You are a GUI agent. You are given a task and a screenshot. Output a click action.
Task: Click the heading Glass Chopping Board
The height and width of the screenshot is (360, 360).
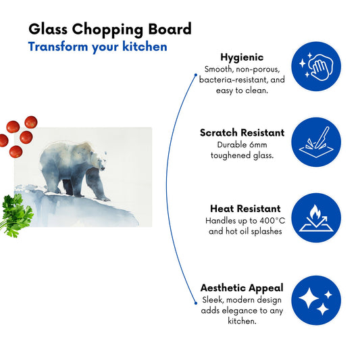[x=110, y=29]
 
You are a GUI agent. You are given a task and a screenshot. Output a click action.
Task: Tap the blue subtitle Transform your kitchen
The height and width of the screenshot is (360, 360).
[x=97, y=47]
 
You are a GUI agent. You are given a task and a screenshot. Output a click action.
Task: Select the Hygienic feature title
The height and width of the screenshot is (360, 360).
[x=242, y=57]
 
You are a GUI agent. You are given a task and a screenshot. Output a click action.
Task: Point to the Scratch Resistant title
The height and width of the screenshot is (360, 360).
[x=242, y=132]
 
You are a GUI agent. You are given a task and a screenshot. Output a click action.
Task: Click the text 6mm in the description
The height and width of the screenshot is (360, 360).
[x=258, y=145]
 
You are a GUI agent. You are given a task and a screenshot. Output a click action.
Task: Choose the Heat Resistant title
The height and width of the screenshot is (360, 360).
[x=245, y=209]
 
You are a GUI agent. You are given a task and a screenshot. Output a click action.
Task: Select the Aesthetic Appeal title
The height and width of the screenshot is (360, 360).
[x=242, y=288]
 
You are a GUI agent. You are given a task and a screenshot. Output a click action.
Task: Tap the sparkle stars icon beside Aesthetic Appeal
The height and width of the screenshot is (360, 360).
[x=316, y=301]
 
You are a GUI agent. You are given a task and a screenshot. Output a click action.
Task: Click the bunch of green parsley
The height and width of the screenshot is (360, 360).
[x=16, y=215]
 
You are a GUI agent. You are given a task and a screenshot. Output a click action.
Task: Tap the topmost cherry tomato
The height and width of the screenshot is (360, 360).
[x=31, y=122]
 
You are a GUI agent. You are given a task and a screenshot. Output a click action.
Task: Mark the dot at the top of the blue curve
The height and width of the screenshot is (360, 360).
[x=196, y=75]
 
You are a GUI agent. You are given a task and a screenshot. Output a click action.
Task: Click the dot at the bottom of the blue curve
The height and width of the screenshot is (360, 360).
[x=196, y=303]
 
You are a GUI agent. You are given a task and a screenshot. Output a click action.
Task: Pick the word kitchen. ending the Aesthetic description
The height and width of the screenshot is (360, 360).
[x=242, y=321]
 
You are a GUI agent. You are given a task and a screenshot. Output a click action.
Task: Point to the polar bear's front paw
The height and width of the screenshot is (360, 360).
[x=105, y=199]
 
